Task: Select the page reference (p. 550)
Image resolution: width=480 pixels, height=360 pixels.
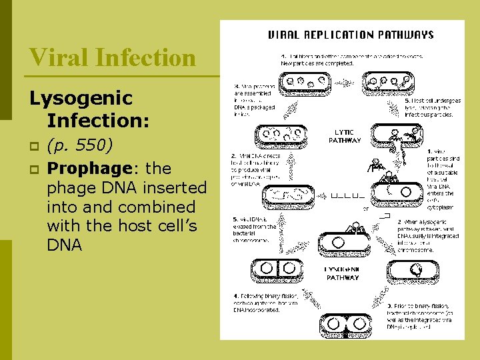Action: point(85,145)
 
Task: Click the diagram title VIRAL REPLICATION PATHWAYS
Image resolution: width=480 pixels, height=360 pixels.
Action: point(350,35)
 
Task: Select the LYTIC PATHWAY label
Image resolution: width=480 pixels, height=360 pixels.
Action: point(345,136)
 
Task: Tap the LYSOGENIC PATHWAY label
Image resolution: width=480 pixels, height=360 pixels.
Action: point(342,273)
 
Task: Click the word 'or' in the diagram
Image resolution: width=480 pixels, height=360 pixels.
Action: point(365,207)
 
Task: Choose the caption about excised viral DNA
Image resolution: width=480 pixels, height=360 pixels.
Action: point(253,228)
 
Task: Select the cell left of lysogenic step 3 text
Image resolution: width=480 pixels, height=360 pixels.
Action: point(417,269)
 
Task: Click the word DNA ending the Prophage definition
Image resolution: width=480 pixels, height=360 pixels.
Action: point(65,245)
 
